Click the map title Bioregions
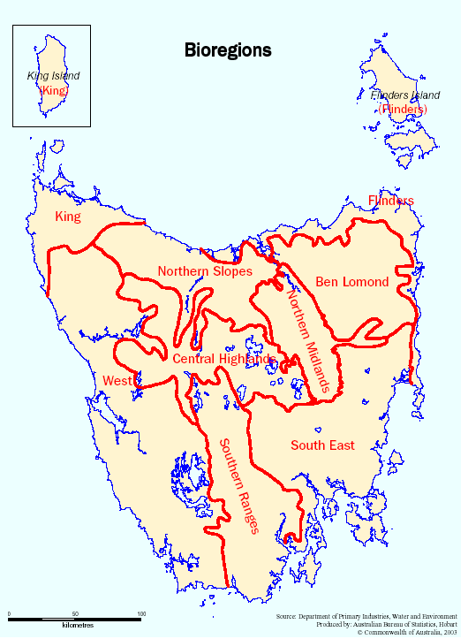(x=227, y=50)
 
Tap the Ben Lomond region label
(x=351, y=282)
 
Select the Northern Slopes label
(x=205, y=271)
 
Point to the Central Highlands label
(x=223, y=359)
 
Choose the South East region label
(x=322, y=445)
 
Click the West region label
(x=117, y=380)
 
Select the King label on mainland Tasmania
(x=68, y=217)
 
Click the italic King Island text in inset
(x=53, y=77)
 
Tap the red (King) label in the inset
(x=53, y=90)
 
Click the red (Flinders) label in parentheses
(x=403, y=109)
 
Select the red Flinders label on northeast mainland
(x=390, y=201)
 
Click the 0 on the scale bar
(x=9, y=613)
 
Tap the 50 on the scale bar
(x=75, y=613)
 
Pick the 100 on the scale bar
(x=141, y=613)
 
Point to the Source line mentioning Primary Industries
(x=368, y=616)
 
